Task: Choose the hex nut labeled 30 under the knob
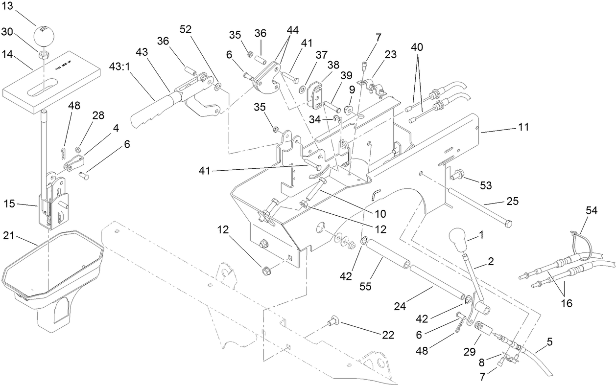(x=44, y=52)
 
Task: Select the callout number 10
(x=380, y=214)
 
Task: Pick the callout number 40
(x=417, y=47)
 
